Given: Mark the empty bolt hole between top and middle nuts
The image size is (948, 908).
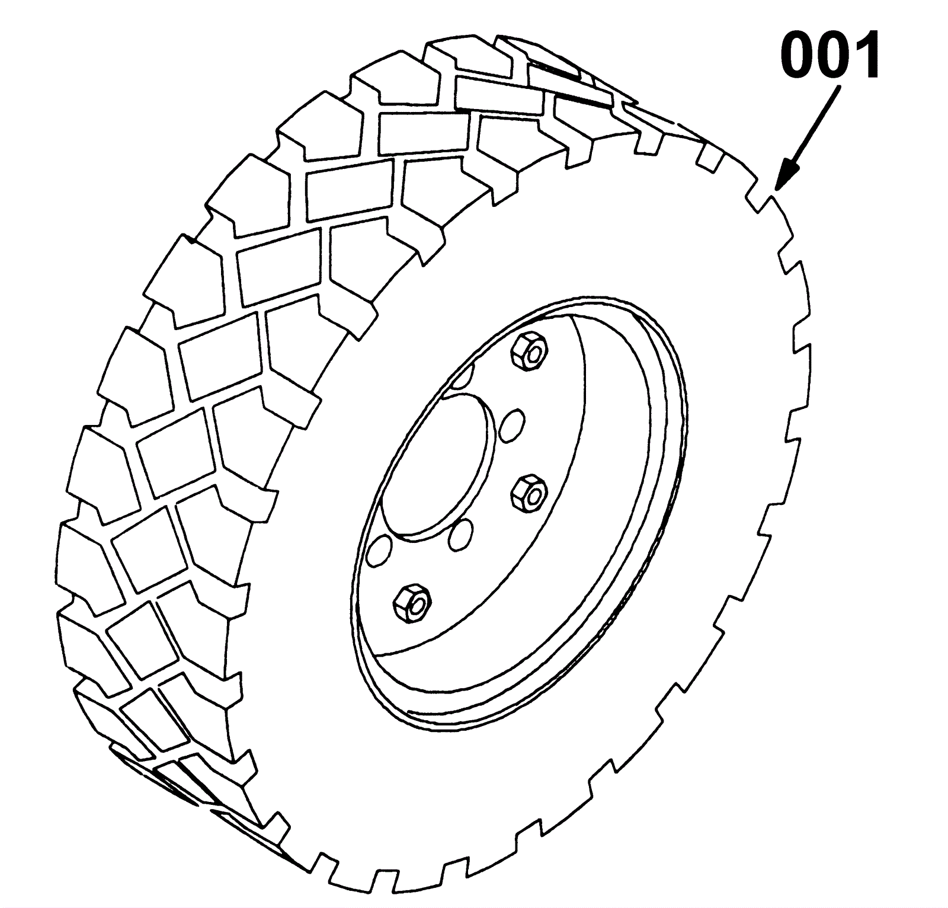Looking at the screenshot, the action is click(511, 425).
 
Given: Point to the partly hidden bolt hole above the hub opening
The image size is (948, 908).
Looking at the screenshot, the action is click(465, 376).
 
